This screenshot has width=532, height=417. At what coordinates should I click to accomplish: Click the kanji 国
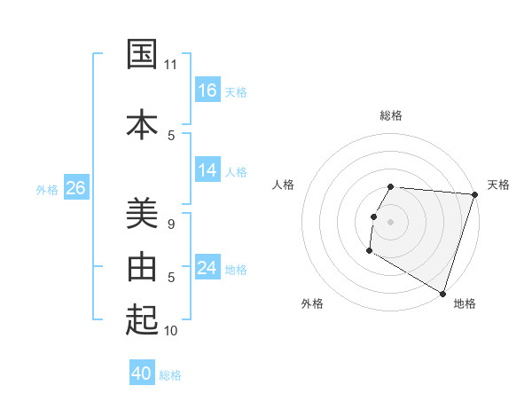point(143,55)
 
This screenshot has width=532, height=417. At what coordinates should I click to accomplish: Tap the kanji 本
point(143,123)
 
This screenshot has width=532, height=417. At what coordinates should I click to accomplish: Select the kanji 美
point(143,214)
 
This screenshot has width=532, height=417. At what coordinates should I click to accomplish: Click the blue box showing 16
point(207,90)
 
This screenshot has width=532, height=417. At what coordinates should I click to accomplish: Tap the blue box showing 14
point(207,170)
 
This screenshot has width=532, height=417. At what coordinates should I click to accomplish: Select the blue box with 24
point(207,268)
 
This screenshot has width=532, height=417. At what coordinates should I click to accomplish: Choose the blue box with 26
point(75,188)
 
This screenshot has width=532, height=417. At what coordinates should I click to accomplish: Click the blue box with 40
point(142,374)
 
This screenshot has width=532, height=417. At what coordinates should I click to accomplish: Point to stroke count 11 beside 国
point(171,65)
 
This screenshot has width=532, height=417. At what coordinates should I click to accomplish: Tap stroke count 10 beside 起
point(171,330)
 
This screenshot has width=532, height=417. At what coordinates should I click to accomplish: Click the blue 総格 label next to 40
point(170,375)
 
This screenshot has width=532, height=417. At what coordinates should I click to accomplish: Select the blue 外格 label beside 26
point(47,190)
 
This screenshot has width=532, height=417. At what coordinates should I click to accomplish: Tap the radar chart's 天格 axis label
point(498,185)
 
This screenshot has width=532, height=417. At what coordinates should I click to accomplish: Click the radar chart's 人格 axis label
point(283,185)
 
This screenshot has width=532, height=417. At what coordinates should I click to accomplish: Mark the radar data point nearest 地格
point(442,293)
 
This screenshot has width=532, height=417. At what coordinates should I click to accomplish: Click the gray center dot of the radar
point(391,222)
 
